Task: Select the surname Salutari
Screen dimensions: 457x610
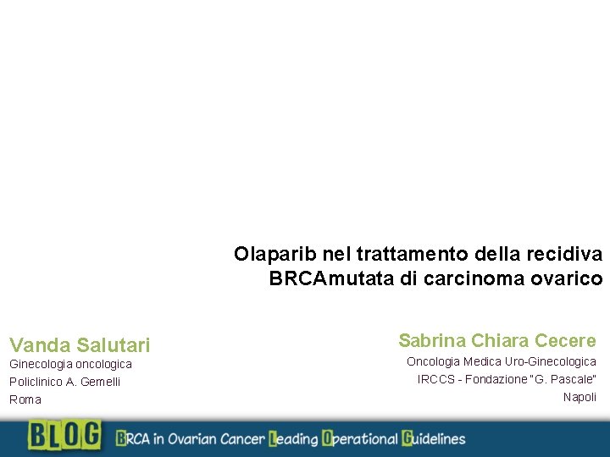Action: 113,345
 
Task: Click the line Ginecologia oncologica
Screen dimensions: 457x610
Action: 70,364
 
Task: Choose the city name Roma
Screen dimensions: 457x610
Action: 25,399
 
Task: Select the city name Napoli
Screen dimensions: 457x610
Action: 579,397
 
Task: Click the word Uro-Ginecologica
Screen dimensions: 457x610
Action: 551,361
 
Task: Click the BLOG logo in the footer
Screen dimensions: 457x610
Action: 64,436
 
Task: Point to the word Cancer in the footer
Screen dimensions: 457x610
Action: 242,438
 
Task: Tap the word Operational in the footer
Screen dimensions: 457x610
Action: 358,438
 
